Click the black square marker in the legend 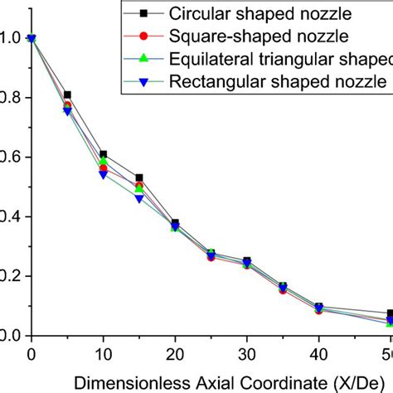[x=143, y=15]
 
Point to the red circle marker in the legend [x=143, y=37]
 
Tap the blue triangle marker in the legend [x=143, y=81]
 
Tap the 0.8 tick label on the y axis [x=8, y=97]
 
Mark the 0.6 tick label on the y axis [x=8, y=157]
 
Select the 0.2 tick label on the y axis [x=8, y=276]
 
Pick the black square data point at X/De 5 [x=67, y=95]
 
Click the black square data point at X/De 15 [x=139, y=177]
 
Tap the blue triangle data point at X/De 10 [x=103, y=174]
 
